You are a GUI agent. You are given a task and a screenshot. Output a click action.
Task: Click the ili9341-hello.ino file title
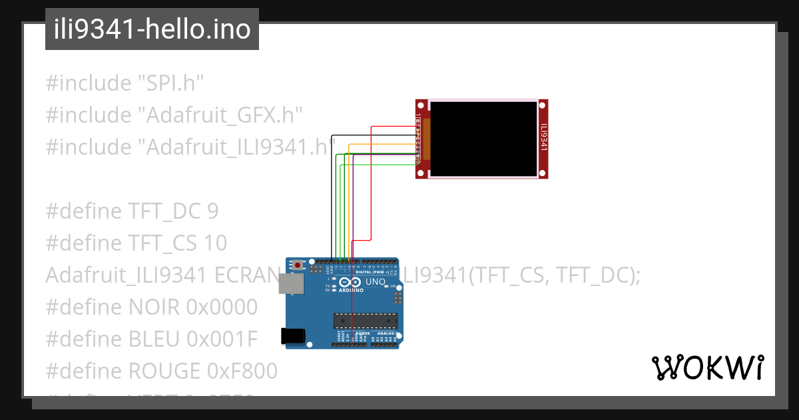point(152,30)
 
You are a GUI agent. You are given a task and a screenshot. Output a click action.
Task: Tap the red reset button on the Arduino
point(298,265)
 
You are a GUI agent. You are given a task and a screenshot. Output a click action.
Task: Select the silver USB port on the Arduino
point(292,284)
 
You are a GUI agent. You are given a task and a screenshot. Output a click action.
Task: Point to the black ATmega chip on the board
point(366,321)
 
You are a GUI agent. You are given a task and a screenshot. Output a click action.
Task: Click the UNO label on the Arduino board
point(376,283)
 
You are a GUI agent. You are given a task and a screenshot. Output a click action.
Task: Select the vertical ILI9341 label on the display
point(543,139)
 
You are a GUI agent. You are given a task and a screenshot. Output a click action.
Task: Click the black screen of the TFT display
point(483,139)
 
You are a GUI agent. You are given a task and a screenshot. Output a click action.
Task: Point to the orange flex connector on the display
point(427,139)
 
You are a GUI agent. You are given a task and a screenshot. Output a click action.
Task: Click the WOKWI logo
point(707,367)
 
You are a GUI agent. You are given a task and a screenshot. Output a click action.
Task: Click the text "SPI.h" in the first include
point(170,83)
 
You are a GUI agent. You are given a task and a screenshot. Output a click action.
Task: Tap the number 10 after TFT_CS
point(215,243)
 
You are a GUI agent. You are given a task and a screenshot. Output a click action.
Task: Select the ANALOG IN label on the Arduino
point(386,333)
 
